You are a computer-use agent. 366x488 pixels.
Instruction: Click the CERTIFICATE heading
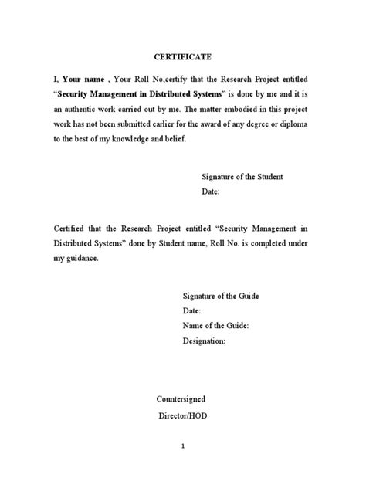(182, 57)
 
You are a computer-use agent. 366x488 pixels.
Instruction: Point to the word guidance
(83, 259)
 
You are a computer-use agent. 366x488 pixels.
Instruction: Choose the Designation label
(204, 341)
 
